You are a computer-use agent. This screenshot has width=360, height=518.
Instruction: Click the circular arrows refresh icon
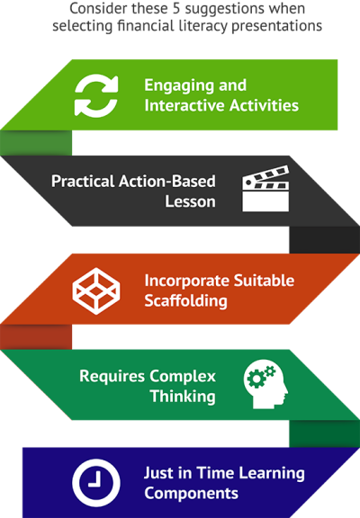click(96, 94)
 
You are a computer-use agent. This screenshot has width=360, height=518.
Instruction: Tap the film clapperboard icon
click(265, 189)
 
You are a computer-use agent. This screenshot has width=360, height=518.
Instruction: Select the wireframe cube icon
click(96, 291)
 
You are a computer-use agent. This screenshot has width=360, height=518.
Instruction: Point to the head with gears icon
click(265, 384)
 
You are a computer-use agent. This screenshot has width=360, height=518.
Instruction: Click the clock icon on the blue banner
click(96, 483)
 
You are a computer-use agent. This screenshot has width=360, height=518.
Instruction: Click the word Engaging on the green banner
click(179, 86)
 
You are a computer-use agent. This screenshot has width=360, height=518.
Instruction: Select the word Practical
click(83, 182)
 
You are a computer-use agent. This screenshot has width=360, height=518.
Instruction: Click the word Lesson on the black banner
click(191, 201)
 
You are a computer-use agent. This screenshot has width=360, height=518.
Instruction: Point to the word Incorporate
click(187, 281)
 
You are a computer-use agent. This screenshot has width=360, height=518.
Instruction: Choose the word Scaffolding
click(185, 301)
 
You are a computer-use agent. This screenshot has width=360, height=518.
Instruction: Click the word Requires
click(112, 377)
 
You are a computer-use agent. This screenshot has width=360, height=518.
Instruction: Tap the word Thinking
click(183, 397)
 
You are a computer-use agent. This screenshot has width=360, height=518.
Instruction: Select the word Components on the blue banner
click(191, 494)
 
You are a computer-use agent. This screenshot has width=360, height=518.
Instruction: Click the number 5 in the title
click(176, 9)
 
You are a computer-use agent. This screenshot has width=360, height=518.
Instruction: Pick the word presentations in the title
click(276, 26)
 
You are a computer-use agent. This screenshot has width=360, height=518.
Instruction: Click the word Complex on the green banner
click(183, 377)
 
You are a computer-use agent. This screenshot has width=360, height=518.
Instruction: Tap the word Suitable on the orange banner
click(264, 281)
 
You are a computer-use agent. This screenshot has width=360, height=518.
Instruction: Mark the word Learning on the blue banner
click(272, 474)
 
